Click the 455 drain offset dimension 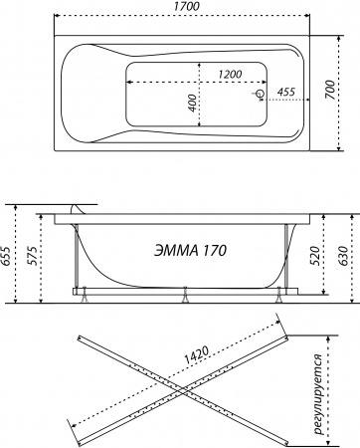coord(285,93)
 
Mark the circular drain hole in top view coord(261,95)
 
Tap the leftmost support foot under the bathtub coord(84,296)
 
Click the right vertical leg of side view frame coord(287,254)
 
